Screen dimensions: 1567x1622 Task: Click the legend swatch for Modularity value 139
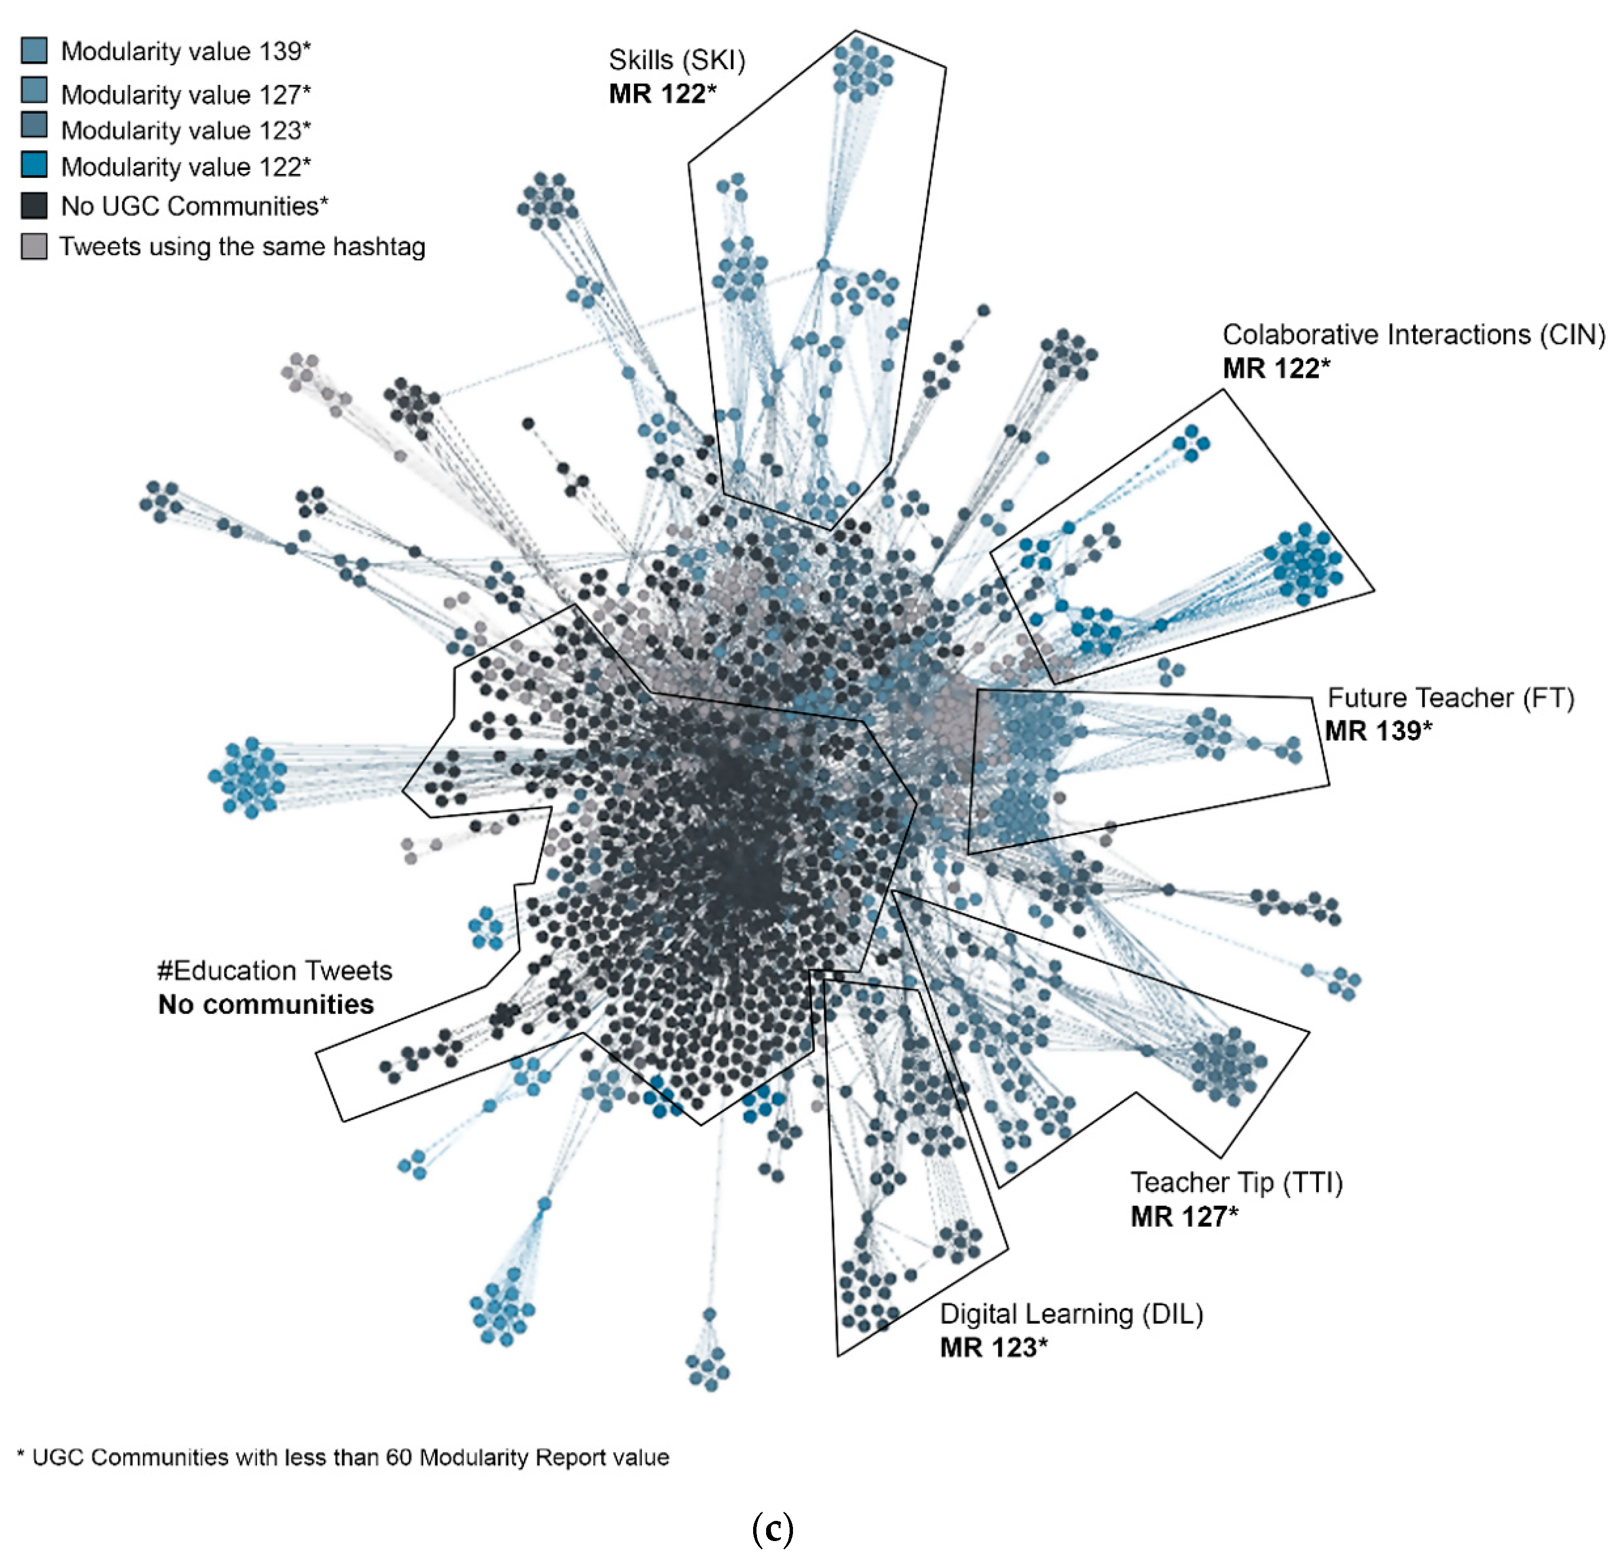coord(34,50)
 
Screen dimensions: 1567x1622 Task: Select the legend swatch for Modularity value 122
coord(34,165)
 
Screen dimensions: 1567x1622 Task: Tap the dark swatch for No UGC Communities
coord(34,205)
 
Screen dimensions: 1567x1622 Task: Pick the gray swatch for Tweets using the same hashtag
coord(34,246)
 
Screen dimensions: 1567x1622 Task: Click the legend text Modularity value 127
coord(185,94)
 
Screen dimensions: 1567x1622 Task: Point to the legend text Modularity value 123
coord(185,130)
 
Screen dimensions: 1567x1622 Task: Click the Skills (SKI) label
coord(676,60)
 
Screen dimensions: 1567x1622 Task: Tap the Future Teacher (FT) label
coord(1450,697)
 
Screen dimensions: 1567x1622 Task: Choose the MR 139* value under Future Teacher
coord(1378,730)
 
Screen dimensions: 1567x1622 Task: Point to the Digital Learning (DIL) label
coord(1071,1314)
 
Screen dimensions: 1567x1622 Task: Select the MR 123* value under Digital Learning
coord(993,1348)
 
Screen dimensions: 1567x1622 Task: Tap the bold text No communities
coord(266,1004)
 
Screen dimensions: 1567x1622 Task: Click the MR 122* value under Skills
coord(662,94)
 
